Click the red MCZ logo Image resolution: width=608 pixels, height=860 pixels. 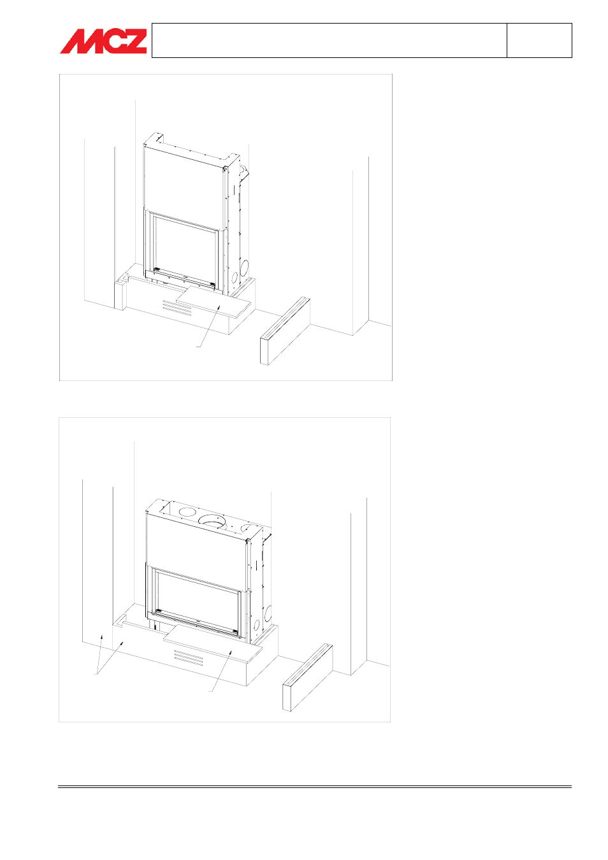(103, 41)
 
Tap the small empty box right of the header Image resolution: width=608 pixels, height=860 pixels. (539, 40)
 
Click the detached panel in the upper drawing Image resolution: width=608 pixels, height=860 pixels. (285, 330)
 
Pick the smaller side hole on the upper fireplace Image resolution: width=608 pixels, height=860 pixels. (234, 277)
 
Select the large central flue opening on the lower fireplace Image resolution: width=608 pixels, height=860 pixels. (213, 521)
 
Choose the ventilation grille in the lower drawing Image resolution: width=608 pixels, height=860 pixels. (189, 657)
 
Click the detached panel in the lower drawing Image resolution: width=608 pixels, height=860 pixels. (308, 678)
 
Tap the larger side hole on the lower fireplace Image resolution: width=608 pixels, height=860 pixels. (268, 614)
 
